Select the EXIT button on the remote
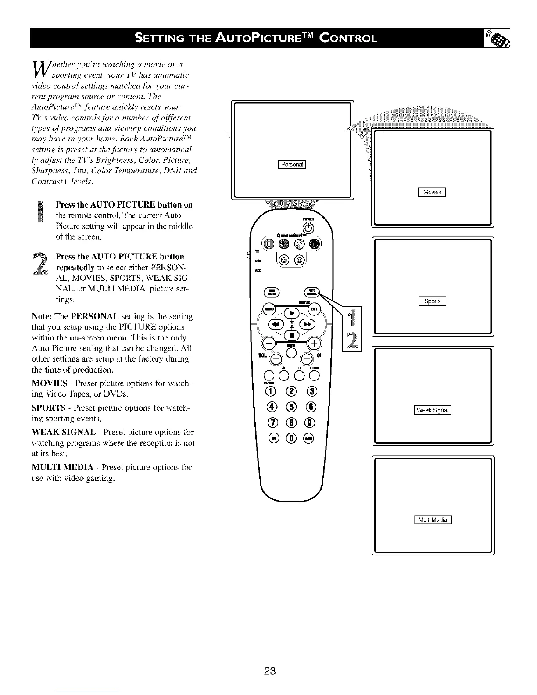[314, 309]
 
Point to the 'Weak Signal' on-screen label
[433, 410]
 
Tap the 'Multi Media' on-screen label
[433, 520]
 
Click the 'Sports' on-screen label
[432, 301]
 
